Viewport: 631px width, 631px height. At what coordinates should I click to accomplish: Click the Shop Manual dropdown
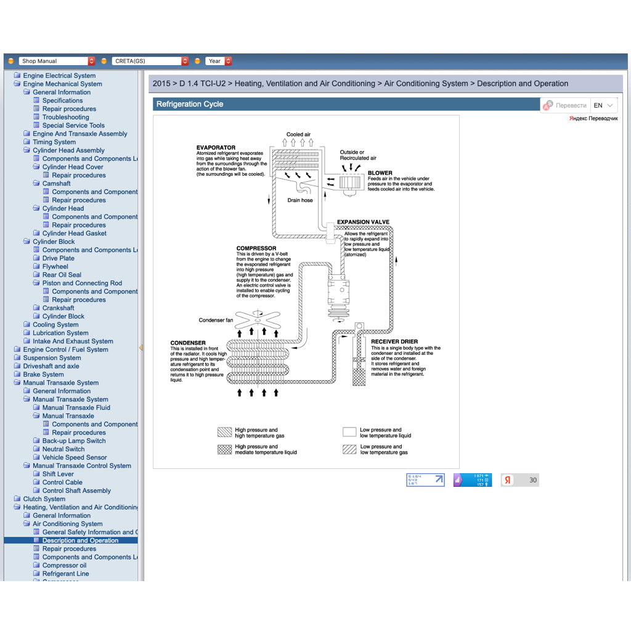click(x=57, y=61)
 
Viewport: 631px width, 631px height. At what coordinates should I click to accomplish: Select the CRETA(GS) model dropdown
click(x=150, y=61)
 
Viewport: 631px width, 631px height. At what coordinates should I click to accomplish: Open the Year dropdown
click(x=219, y=61)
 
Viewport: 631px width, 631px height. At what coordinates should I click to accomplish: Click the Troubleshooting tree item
click(x=65, y=117)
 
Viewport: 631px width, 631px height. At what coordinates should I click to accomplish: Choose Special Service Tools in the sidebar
click(x=73, y=125)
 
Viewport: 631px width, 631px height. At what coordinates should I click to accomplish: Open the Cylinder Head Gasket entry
click(x=74, y=234)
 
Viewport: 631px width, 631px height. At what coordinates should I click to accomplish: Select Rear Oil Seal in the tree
click(x=62, y=275)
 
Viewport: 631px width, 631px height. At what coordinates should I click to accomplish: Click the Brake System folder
click(x=43, y=374)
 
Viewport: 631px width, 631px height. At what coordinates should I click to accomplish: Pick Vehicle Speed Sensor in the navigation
click(x=75, y=457)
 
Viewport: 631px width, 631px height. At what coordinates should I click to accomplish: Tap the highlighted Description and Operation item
click(x=80, y=540)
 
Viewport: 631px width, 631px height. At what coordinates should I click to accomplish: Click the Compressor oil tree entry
click(x=64, y=565)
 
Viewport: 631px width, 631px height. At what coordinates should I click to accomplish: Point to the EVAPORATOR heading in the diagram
click(x=216, y=148)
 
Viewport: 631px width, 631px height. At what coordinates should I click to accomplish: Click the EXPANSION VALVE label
click(x=363, y=222)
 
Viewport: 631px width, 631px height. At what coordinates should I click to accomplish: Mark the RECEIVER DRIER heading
click(x=394, y=341)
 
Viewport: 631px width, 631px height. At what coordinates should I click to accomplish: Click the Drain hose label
click(x=300, y=200)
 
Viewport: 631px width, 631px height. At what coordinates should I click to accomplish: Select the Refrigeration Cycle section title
click(x=190, y=104)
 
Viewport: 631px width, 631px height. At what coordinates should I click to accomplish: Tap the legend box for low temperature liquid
click(x=349, y=433)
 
